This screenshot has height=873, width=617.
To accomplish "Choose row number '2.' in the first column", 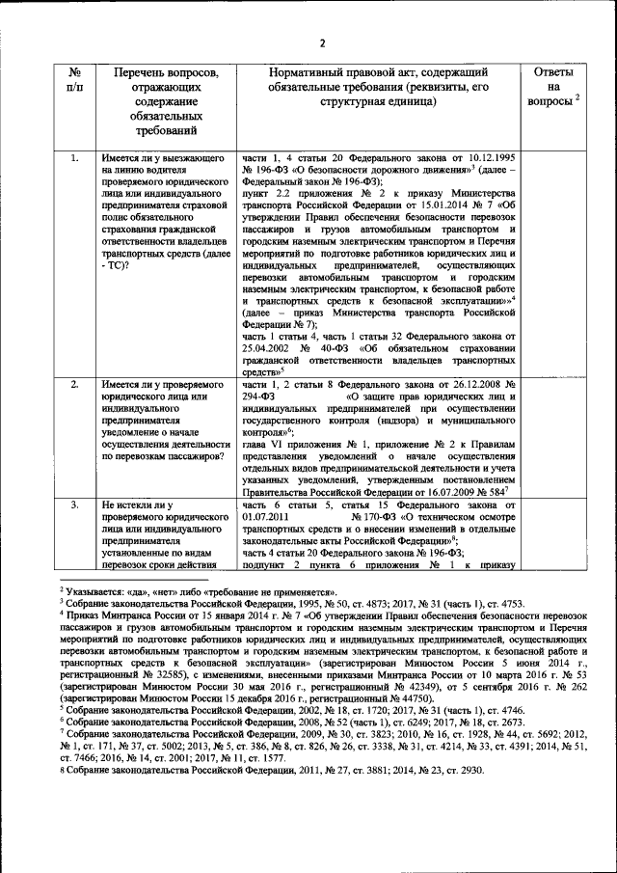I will click(74, 385).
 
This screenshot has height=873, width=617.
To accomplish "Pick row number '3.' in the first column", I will click(74, 505).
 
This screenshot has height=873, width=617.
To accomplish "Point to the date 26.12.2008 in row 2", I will click(465, 385).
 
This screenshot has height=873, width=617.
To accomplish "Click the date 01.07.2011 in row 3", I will click(264, 517).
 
